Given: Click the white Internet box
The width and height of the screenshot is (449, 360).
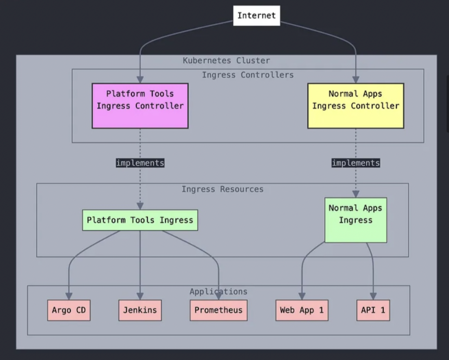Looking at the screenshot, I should pos(256,16).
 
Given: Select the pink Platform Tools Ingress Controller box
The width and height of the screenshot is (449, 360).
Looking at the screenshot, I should pos(140,106).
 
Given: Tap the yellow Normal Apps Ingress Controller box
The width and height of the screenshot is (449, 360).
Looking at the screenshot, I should pos(356,106).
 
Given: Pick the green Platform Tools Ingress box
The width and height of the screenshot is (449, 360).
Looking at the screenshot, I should pos(140,220).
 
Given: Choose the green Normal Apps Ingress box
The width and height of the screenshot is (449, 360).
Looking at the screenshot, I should pos(356,220).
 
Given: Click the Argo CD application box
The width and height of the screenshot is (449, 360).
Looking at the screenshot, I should pos(69,310).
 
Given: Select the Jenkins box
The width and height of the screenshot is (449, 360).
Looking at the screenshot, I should pos(140,310).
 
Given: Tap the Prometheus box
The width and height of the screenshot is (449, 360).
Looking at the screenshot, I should pos(218,310).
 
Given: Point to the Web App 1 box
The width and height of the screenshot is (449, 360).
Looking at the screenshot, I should pos(302,310).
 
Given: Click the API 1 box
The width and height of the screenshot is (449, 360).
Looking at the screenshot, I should pos(373,310).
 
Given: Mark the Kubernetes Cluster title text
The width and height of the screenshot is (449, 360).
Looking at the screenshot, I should pos(226,61).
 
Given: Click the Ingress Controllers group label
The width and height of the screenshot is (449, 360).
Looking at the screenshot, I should pos(247,75).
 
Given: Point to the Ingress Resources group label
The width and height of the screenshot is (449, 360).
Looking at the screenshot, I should pos(222,189).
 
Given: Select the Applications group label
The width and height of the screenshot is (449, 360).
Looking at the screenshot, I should pos(218,291).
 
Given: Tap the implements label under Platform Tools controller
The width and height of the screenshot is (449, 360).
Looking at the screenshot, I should pos(140,163).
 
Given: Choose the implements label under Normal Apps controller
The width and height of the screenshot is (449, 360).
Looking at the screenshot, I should pos(356,163).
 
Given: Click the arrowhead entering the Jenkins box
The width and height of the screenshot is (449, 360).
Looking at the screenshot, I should pos(140,296).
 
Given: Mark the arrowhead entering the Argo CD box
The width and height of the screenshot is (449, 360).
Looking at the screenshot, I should pos(69,296).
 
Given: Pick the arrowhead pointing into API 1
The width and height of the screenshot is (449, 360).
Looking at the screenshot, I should pos(373,296).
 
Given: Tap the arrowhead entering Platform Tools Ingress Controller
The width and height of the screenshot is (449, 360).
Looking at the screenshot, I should pos(140,80).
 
